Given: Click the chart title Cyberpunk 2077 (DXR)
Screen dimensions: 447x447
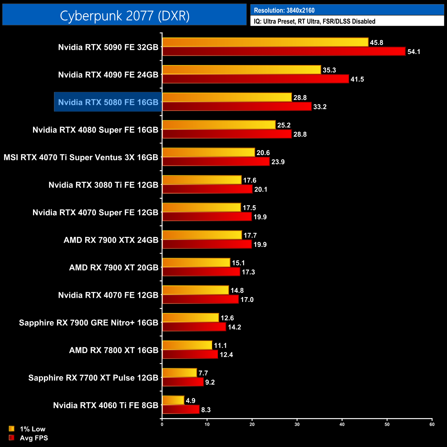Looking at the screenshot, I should [124, 15].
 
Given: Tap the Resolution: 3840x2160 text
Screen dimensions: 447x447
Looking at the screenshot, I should [284, 10].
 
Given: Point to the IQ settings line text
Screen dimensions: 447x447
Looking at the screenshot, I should [314, 21].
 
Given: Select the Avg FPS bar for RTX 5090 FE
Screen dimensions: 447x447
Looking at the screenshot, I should [284, 52].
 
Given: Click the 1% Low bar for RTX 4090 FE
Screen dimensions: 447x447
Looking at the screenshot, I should [241, 70].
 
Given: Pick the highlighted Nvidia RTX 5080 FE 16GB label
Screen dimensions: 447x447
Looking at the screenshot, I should [108, 102].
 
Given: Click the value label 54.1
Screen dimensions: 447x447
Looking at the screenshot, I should [414, 52].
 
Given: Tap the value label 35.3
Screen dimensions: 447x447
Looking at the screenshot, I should [329, 70].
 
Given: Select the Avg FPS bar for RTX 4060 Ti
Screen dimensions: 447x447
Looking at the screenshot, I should [181, 410].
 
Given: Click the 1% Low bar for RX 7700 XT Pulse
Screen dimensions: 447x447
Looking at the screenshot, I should [179, 373].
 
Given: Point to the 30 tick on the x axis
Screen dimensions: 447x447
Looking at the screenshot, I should [297, 424].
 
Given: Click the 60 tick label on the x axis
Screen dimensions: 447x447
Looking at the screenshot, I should [432, 424].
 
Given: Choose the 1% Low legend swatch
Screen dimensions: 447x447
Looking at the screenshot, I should [12, 429].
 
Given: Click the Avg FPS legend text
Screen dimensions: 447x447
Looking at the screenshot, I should [34, 438].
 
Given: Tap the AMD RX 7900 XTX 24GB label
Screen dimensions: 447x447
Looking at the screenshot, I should [111, 240].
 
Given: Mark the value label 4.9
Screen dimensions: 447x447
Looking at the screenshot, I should [190, 401].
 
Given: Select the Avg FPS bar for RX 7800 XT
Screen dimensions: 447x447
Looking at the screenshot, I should [190, 355].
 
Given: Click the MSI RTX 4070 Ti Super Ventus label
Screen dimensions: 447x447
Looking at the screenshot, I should [81, 157].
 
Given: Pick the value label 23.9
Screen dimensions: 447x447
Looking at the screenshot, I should [278, 162].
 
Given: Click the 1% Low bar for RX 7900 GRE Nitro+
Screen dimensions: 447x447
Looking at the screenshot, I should [190, 318].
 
